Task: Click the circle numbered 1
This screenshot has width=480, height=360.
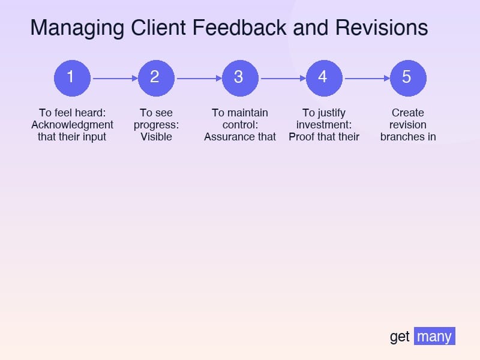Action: [72, 78]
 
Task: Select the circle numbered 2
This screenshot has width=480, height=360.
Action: [156, 78]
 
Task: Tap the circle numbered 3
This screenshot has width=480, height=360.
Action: [240, 78]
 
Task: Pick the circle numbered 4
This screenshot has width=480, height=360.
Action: [324, 78]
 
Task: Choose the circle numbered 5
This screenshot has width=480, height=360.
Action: [408, 78]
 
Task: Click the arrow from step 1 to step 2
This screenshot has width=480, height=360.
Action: [114, 78]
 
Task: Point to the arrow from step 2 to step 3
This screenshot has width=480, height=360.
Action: [198, 78]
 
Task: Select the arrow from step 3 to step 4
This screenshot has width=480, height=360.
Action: [282, 78]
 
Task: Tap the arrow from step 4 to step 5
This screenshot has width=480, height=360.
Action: [366, 78]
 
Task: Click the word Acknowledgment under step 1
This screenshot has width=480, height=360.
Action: [72, 125]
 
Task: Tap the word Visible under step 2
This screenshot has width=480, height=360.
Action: [156, 137]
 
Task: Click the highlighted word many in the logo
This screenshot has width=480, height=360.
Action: [434, 337]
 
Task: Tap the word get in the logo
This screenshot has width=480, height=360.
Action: [400, 337]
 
